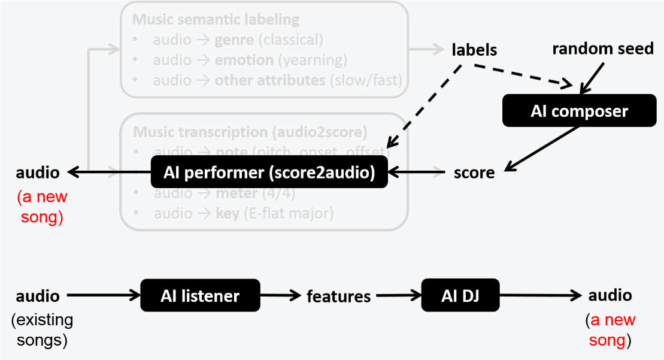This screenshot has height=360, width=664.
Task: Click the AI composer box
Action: [x=571, y=111]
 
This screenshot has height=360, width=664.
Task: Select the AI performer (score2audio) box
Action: [x=269, y=173]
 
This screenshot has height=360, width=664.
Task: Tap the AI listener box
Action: [x=200, y=295]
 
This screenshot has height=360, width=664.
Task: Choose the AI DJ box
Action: [x=460, y=295]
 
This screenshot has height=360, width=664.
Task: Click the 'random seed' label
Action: [x=602, y=49]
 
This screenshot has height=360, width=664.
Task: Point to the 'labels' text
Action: [x=474, y=50]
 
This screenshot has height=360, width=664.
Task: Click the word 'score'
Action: [x=474, y=173]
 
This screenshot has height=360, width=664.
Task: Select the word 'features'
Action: [x=338, y=296]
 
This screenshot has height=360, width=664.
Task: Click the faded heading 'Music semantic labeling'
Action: [x=216, y=19]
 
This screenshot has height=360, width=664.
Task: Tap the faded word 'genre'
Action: [x=232, y=40]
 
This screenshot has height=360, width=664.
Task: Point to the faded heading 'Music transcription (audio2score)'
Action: [x=250, y=132]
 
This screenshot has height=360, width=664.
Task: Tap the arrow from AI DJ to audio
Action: [x=540, y=295]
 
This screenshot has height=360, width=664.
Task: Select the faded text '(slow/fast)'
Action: [x=366, y=80]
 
